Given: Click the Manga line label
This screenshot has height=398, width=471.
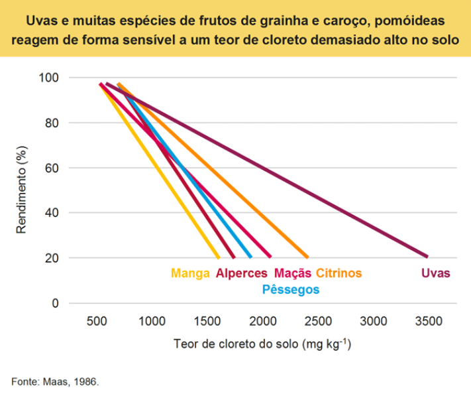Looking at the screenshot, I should (x=191, y=273).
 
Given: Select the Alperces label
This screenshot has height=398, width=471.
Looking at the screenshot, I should (x=242, y=273).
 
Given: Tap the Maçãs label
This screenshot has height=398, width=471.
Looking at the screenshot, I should (x=292, y=273).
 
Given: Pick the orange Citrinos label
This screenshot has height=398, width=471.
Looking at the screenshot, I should (x=339, y=273).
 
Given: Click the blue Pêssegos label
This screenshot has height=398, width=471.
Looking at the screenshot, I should (x=291, y=289).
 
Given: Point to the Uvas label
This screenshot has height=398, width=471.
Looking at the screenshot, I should (x=435, y=273).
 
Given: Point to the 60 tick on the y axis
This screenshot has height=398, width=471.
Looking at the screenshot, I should (x=54, y=168).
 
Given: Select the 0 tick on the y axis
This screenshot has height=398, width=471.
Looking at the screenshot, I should (x=56, y=303).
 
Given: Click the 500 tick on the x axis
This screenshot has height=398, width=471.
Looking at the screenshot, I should (x=97, y=322).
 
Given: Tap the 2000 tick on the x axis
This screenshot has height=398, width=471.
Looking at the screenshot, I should (x=263, y=322).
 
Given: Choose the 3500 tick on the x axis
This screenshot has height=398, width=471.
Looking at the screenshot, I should (x=428, y=322).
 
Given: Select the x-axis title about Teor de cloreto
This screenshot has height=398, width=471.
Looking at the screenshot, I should (x=262, y=346).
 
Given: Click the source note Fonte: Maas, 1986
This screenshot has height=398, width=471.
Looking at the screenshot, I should (x=55, y=382).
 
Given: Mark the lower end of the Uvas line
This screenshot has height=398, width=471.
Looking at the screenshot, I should (x=427, y=256).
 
